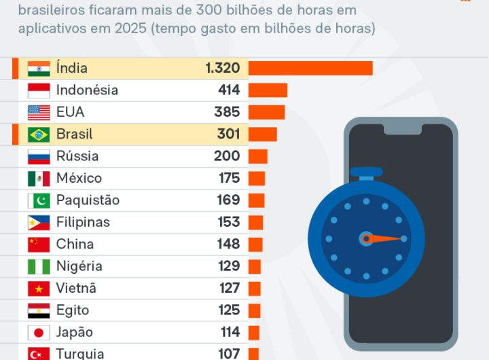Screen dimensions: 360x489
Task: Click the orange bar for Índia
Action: click(x=310, y=68)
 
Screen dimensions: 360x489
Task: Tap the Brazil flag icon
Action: click(x=39, y=134)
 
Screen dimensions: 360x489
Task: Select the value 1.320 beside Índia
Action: click(x=222, y=68)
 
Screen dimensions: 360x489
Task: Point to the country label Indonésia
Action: click(x=87, y=90)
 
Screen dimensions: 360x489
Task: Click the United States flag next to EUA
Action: click(x=39, y=113)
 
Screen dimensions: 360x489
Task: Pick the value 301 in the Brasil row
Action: click(x=228, y=134)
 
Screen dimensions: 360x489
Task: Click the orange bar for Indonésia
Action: click(x=268, y=90)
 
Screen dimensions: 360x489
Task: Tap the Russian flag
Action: click(x=39, y=157)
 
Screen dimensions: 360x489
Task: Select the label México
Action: click(x=79, y=179)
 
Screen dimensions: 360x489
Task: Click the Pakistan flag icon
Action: click(x=39, y=200)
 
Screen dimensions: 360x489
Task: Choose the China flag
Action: click(x=39, y=245)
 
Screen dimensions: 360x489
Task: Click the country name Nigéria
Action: click(x=79, y=266)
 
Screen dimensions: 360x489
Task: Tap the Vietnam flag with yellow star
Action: click(x=39, y=289)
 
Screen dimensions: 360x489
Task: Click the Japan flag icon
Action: click(x=39, y=333)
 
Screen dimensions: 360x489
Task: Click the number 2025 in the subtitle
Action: click(x=168, y=29)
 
